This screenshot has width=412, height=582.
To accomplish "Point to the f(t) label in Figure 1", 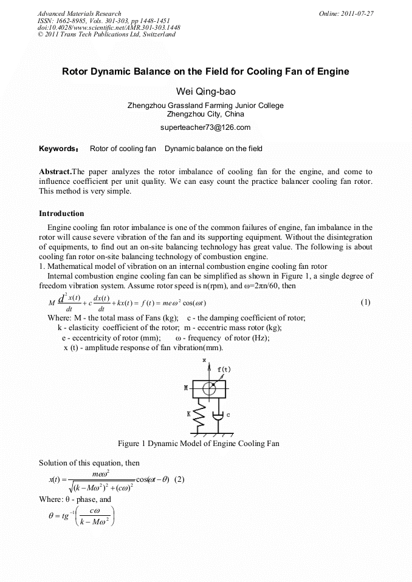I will click(x=224, y=369).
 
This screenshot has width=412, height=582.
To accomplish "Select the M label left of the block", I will click(x=186, y=387).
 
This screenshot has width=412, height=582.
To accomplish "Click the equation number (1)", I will click(x=365, y=302).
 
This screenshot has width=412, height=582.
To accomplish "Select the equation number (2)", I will click(x=179, y=479).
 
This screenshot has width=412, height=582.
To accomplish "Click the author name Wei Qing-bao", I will click(x=205, y=92).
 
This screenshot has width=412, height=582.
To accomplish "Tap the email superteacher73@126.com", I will click(x=205, y=127).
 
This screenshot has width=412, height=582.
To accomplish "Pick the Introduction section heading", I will click(x=61, y=214).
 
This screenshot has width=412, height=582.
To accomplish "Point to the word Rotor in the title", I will click(x=75, y=72).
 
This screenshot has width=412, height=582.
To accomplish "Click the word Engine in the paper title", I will click(x=334, y=72).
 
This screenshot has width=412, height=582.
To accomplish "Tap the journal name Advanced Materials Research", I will click(x=79, y=13).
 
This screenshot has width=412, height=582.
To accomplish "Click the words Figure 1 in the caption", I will click(x=133, y=444).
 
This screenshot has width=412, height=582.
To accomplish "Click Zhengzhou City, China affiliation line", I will click(x=205, y=113).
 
